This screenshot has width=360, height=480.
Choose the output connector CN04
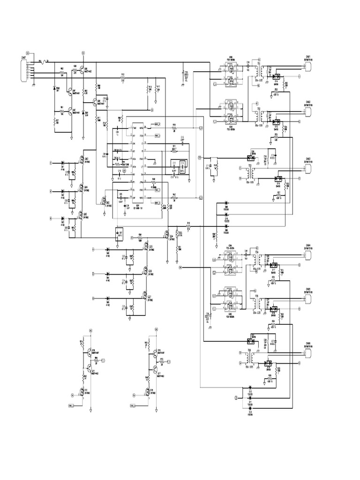(x=307, y=256)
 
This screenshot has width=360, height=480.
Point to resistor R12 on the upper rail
(x=123, y=78)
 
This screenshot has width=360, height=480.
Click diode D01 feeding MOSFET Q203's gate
(x=62, y=164)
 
